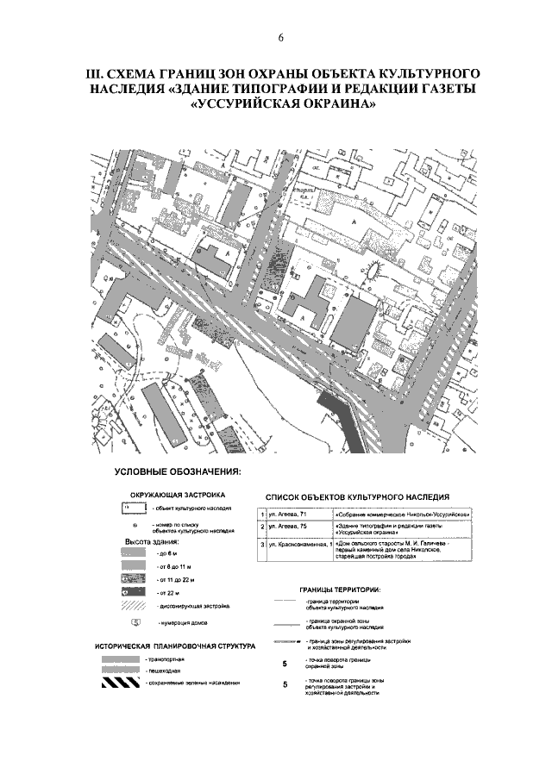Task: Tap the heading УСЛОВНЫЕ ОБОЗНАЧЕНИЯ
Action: point(178,472)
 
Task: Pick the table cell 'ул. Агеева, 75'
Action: point(289,527)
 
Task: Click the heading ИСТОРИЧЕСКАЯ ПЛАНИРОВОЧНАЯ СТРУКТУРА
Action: point(175,646)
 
